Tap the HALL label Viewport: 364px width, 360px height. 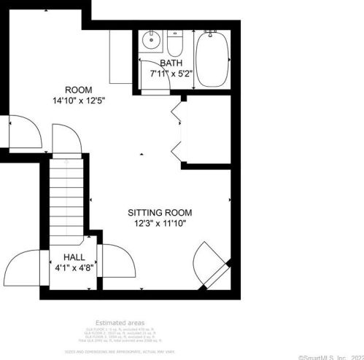[74, 257]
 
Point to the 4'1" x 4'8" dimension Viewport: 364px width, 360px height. [74, 267]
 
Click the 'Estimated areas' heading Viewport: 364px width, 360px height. [120, 323]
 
